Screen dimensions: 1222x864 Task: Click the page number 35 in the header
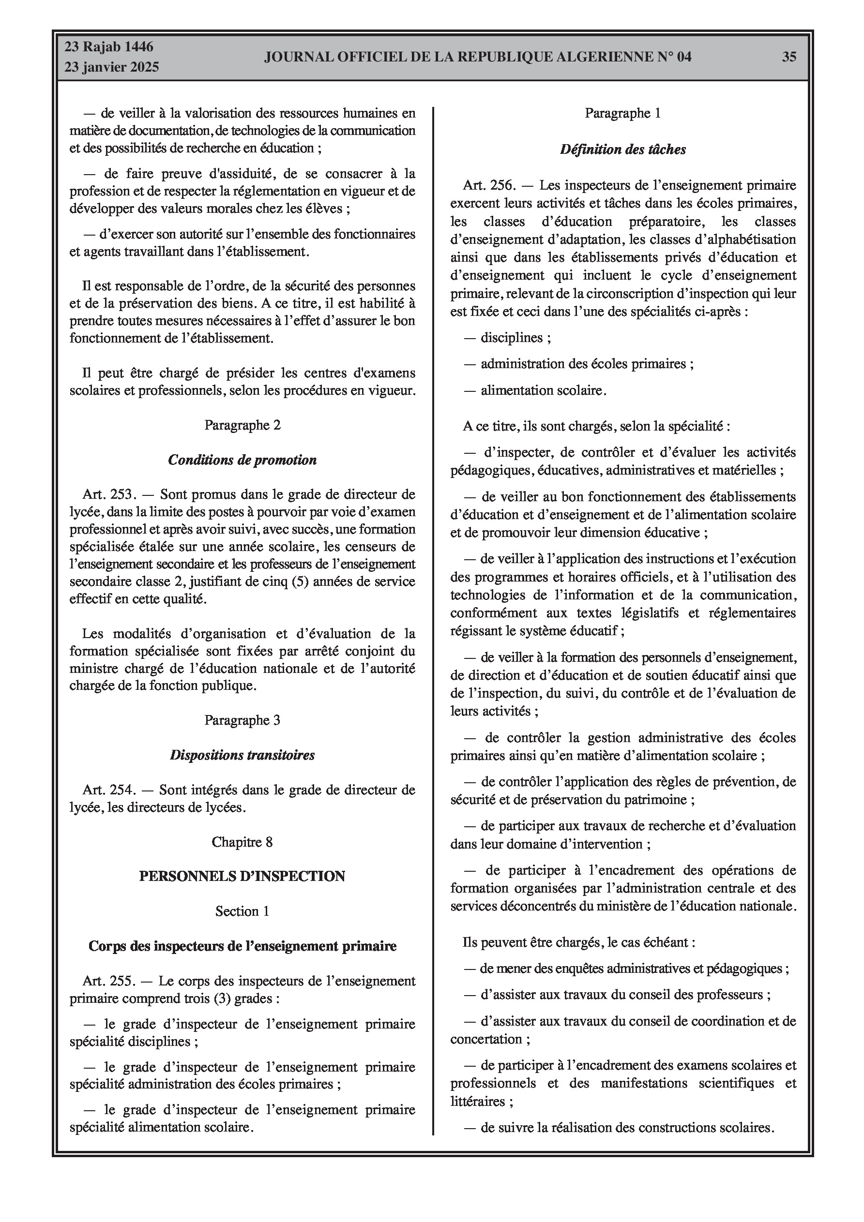pos(789,57)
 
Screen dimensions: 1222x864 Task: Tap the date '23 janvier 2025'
pos(112,67)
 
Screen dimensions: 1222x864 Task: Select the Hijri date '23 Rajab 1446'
pos(109,47)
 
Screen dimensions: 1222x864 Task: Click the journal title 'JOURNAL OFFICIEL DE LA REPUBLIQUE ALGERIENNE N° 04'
pos(477,57)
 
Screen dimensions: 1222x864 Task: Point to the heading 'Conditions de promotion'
pos(243,460)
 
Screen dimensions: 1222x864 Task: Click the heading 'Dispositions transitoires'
pos(243,755)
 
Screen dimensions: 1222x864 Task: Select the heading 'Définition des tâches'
pos(622,149)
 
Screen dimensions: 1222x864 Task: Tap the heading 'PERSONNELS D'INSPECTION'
pos(243,877)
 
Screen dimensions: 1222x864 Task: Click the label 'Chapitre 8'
pos(243,842)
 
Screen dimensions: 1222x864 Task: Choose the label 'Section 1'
pos(243,911)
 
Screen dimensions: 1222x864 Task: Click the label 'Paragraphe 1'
pos(622,113)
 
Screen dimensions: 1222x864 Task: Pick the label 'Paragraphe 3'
pos(243,720)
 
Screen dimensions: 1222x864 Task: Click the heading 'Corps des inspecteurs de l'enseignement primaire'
pos(243,946)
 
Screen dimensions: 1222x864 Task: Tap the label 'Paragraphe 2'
pos(243,425)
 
